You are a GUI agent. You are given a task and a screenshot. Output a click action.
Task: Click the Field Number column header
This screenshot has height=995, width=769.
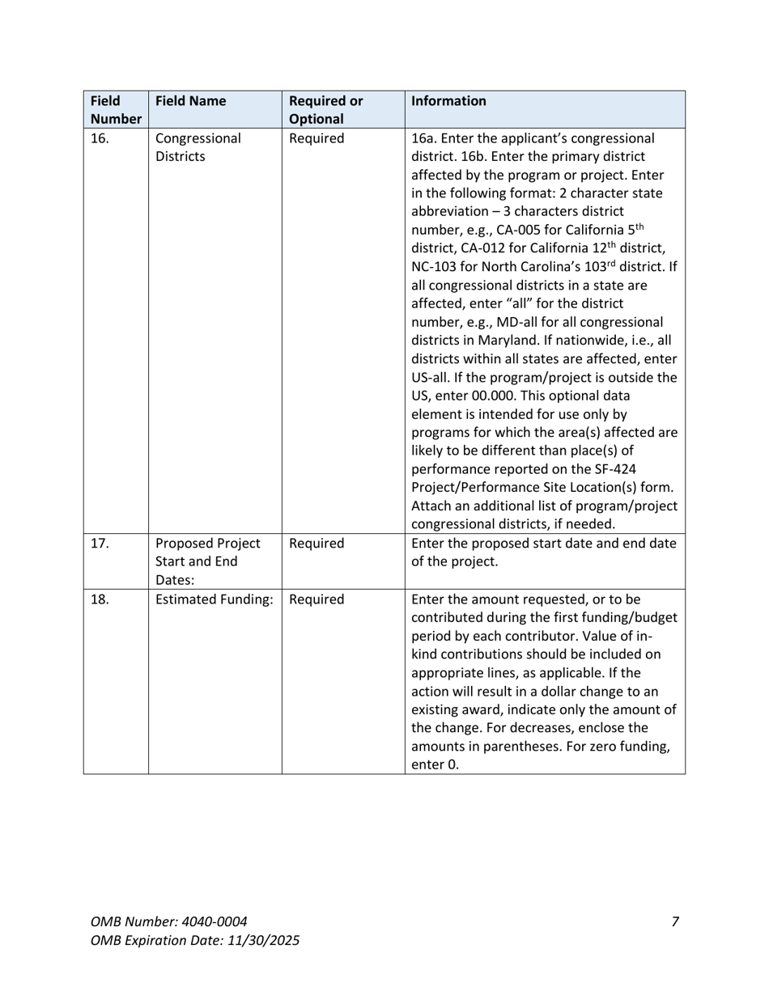(116, 110)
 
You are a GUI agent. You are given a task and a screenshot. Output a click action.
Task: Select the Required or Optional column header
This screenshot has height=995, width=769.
(325, 110)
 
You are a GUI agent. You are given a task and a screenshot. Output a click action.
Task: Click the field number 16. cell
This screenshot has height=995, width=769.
(99, 138)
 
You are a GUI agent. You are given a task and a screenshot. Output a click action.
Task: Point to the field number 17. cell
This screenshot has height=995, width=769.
(99, 544)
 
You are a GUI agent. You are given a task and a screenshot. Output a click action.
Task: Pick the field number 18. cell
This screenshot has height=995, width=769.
(99, 599)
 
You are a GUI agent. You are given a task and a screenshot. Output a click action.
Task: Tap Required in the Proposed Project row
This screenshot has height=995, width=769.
(317, 544)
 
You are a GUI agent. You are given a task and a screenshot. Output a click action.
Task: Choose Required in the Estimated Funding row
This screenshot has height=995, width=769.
(317, 599)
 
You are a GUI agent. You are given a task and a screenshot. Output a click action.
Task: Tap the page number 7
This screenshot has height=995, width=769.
(674, 921)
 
